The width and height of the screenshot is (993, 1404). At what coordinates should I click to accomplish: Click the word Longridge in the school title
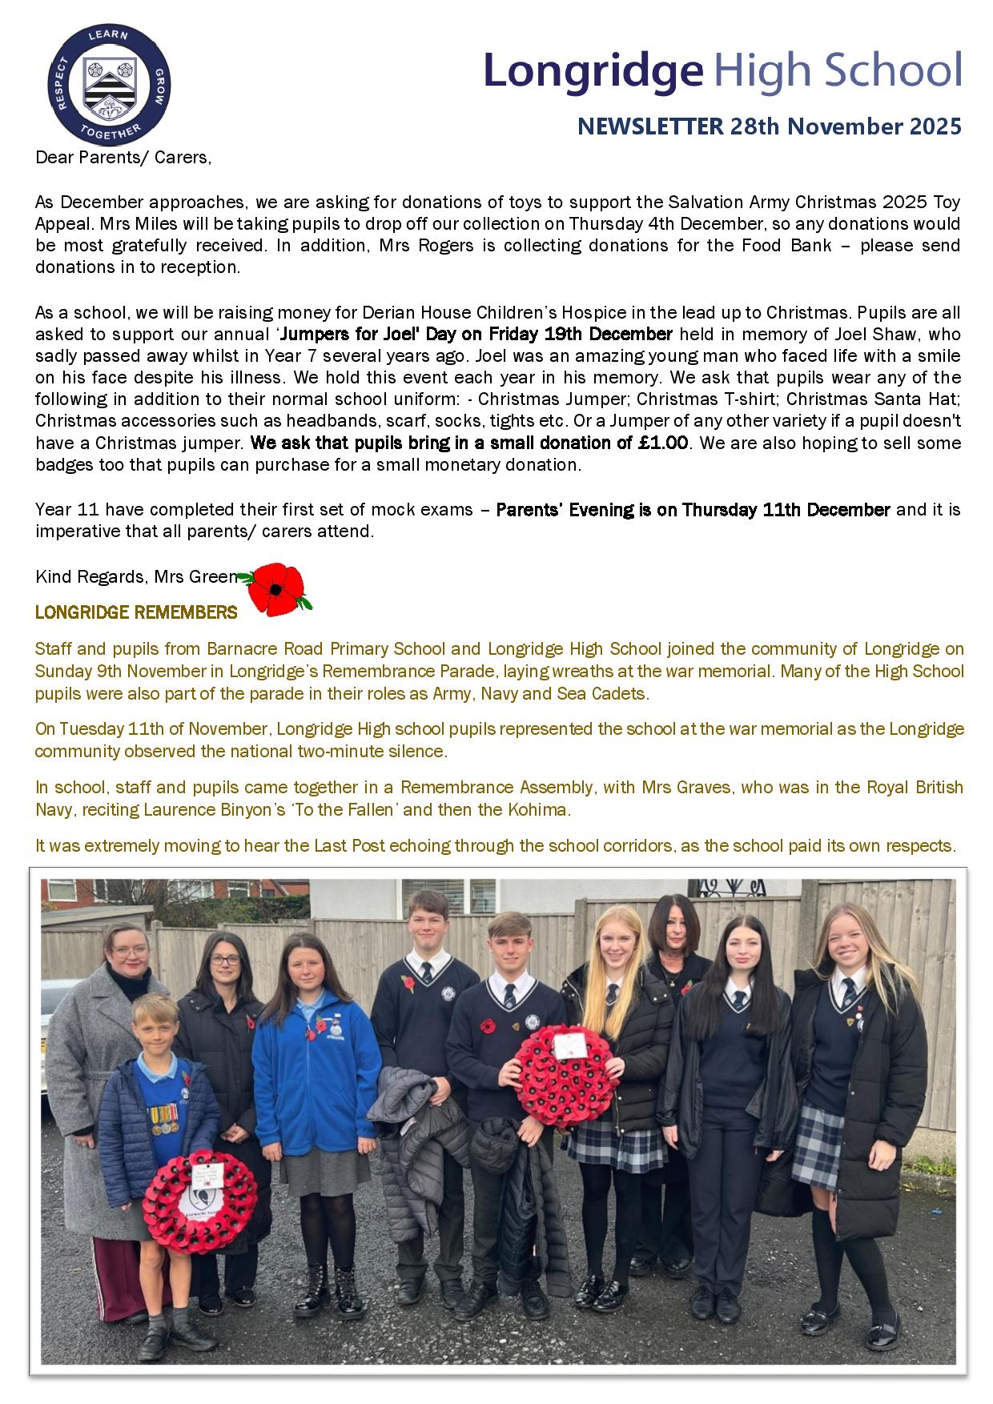593,70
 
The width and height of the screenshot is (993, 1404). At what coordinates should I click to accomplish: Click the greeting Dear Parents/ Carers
123,157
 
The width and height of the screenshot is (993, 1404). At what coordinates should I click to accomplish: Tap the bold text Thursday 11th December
786,510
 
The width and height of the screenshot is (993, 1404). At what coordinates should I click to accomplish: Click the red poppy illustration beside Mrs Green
276,590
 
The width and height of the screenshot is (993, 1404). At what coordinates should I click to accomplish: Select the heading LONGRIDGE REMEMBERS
136,613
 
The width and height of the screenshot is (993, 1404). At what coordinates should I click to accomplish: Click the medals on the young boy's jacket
163,1120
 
